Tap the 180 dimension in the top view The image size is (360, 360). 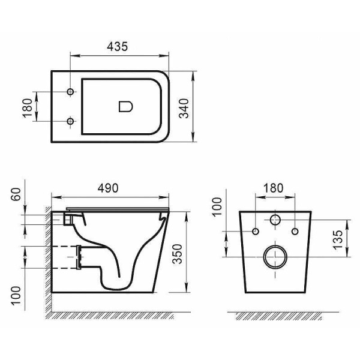point(26,107)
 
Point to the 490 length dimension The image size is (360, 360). point(110,187)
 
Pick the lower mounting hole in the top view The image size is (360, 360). point(71,122)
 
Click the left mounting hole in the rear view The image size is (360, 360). point(256,231)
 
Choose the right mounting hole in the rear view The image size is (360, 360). point(295,231)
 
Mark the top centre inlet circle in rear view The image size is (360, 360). point(275,219)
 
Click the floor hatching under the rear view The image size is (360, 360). point(275,315)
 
